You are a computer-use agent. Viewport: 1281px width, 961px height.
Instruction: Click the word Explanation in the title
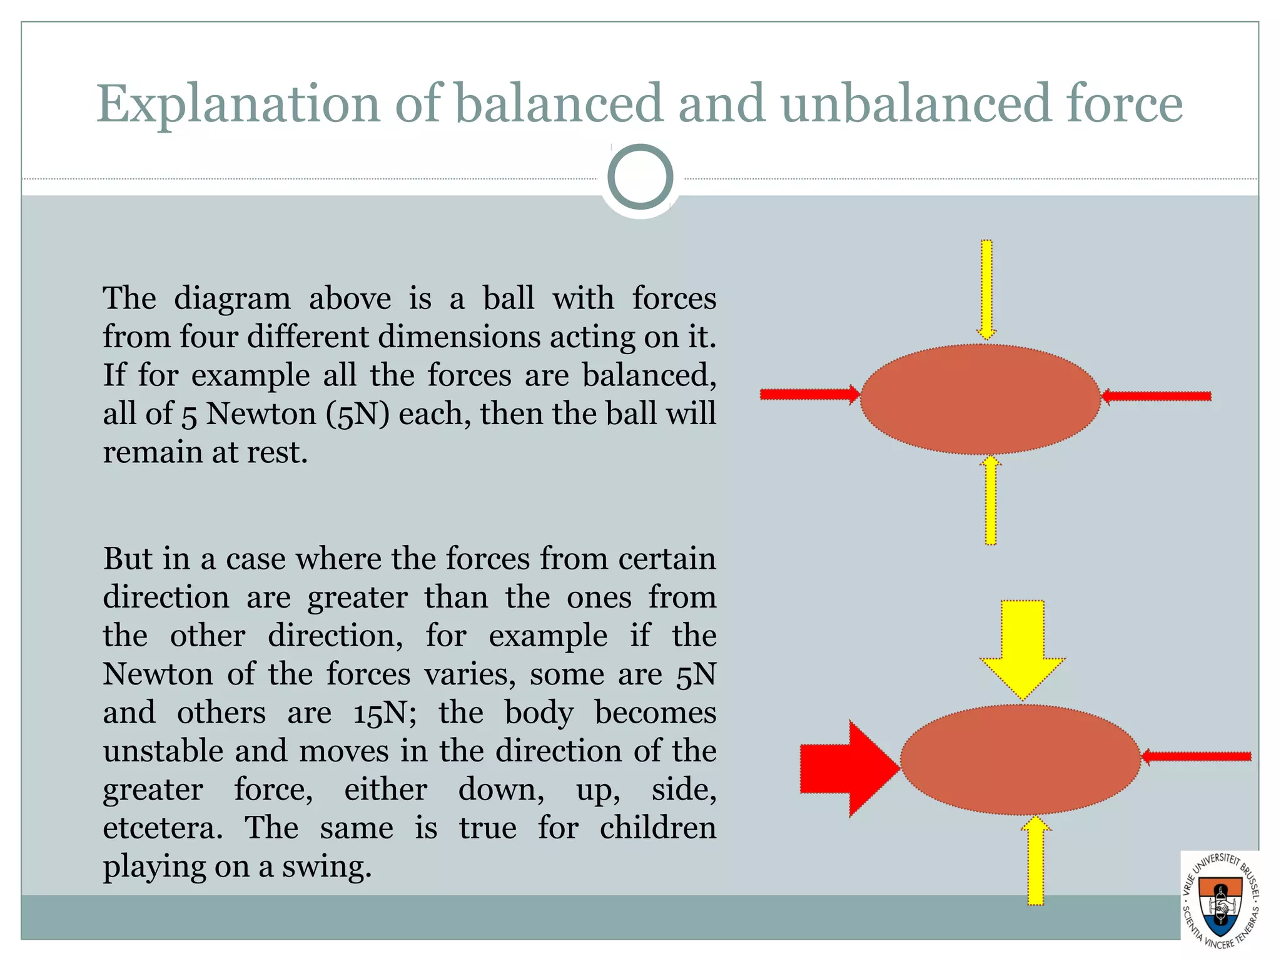pos(238,104)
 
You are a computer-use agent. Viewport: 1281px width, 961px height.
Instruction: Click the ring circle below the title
pos(640,176)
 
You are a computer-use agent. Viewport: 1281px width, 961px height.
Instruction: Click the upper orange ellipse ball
pos(980,399)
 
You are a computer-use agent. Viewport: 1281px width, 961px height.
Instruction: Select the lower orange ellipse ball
pos(1020,759)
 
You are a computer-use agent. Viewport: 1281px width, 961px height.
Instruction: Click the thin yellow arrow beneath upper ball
pos(990,501)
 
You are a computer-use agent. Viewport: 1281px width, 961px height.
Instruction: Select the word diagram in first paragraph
pos(232,298)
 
